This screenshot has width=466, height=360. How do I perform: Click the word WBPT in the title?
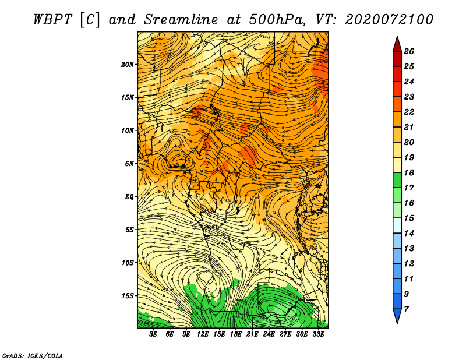(52, 20)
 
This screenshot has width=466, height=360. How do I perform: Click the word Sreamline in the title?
(181, 20)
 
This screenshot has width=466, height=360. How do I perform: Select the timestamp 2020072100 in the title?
(389, 20)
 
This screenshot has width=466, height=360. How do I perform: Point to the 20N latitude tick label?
(128, 65)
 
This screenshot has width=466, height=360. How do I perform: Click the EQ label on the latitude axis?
(129, 197)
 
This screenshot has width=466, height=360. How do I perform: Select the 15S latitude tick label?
(128, 296)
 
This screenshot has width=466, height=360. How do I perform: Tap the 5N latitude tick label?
(129, 164)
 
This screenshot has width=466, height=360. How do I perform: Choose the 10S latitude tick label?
(128, 263)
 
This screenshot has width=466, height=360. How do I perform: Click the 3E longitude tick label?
(153, 334)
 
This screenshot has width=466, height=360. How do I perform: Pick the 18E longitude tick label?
(236, 334)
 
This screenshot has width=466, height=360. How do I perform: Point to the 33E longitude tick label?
(318, 334)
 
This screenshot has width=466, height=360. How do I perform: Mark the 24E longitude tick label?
(269, 334)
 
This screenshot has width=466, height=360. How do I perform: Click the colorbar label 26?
(409, 51)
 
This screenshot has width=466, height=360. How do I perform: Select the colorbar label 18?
(409, 172)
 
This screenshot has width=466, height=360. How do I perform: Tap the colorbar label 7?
(407, 309)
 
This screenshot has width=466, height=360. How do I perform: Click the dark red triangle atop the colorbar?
(397, 45)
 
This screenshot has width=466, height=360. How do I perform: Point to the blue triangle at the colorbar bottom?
(397, 315)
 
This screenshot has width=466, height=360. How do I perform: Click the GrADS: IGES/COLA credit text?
(33, 356)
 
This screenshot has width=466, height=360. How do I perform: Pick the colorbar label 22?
(409, 112)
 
